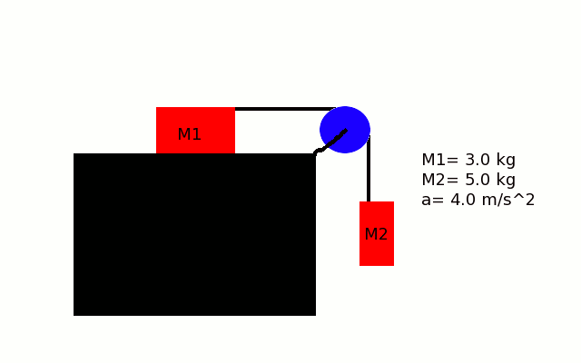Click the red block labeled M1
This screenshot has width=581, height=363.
[x=195, y=130]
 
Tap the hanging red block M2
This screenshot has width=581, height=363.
[x=377, y=233]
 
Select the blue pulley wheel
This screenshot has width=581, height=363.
[x=345, y=130]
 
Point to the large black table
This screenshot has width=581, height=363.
[x=194, y=234]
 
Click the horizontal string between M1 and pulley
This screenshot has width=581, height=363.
[x=285, y=109]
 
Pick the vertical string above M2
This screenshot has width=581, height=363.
[x=369, y=169]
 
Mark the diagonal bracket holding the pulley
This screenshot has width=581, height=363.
[x=330, y=142]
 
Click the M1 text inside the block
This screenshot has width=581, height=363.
[x=190, y=134]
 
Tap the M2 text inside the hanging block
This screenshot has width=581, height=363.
[x=376, y=234]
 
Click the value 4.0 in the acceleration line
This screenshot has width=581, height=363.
[x=463, y=200]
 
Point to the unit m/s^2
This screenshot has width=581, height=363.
[x=508, y=200]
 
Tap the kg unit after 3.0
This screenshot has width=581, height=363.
[x=506, y=161]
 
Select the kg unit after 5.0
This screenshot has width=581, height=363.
[x=506, y=181]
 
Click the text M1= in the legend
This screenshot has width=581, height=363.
[x=440, y=160]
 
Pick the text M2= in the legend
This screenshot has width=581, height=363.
[x=440, y=180]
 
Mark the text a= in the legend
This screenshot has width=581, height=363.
[x=433, y=201]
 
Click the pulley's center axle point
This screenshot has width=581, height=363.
[x=345, y=130]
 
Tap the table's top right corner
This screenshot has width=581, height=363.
[x=316, y=153]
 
